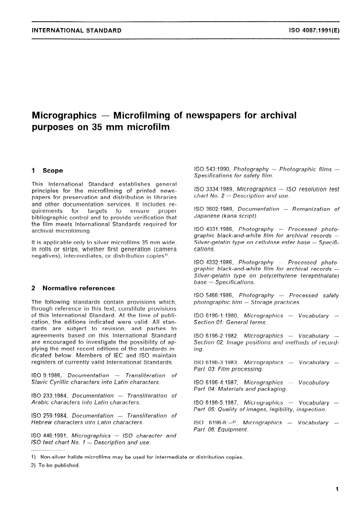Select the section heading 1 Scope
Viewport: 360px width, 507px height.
(x=47, y=171)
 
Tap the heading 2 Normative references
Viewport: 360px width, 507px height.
(x=73, y=288)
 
